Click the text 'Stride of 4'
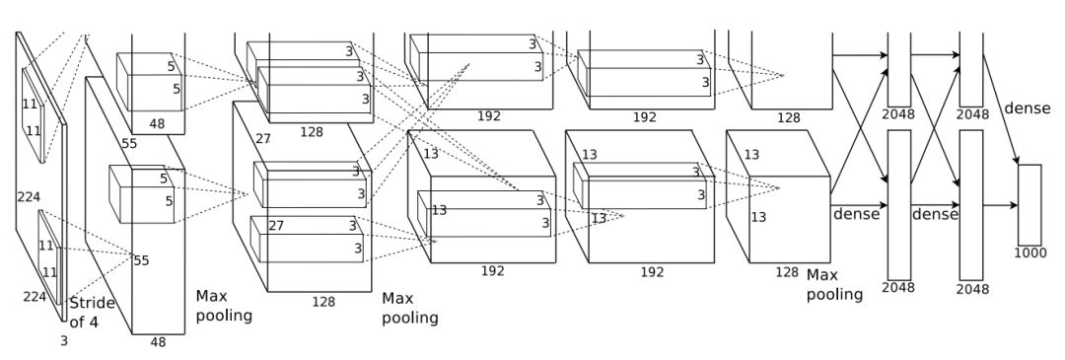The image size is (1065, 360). [93, 313]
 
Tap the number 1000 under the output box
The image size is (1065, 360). [1030, 253]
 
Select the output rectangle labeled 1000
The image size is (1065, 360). [1029, 204]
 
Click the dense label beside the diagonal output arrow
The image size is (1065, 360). [1027, 108]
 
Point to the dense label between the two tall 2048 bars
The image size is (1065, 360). [935, 215]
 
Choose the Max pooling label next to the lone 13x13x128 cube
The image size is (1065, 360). [835, 285]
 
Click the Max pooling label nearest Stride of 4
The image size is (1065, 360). [224, 306]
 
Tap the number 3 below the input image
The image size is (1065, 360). [64, 341]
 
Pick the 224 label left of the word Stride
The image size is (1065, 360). [35, 297]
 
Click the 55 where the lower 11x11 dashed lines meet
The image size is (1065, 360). [141, 260]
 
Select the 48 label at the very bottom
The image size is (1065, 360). [158, 342]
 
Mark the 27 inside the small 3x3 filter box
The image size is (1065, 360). [276, 226]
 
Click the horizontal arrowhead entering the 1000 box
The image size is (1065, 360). [1014, 205]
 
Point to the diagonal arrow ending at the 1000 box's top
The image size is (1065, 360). [1001, 109]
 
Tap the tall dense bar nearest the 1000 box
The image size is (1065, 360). [970, 204]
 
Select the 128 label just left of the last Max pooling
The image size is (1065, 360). [787, 272]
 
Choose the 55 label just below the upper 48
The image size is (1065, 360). [129, 143]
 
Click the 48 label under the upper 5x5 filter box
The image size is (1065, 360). [157, 124]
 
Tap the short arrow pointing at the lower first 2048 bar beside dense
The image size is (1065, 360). [859, 205]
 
